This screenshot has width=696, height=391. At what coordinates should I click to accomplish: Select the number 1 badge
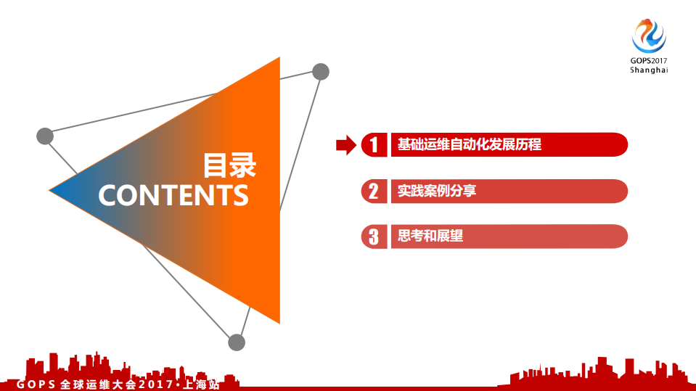374,144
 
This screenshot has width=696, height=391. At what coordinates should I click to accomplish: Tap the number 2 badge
374,191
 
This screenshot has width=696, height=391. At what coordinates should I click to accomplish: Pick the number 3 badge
374,236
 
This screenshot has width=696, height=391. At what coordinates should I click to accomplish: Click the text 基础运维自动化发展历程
469,144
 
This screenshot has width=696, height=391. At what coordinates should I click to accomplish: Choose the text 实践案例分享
437,191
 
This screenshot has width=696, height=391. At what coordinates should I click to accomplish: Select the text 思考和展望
430,236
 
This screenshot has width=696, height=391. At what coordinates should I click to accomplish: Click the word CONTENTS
173,195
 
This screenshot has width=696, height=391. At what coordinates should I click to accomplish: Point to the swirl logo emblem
648,35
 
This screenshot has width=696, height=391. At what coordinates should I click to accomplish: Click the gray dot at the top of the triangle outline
321,71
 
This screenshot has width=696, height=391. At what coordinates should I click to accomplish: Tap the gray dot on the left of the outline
45,136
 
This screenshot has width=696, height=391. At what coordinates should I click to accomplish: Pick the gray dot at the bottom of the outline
237,342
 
